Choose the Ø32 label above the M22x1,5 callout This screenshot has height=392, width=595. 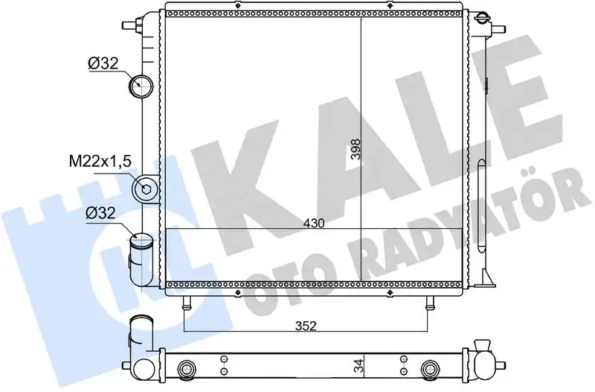(x=103, y=63)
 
